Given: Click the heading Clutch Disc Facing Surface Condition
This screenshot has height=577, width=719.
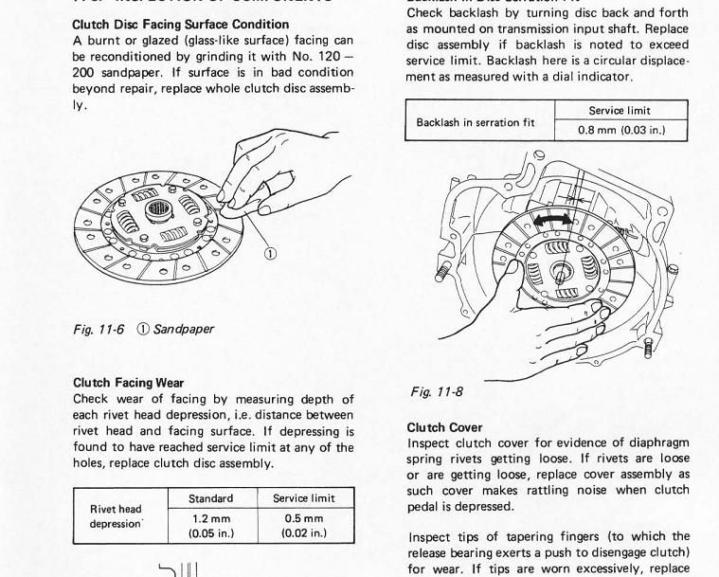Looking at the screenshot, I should (181, 24).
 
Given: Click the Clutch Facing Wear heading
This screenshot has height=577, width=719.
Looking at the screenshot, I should (128, 383).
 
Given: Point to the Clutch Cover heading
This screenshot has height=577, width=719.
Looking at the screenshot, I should (444, 427).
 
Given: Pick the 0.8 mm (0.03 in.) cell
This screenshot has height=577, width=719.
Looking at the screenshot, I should (620, 130).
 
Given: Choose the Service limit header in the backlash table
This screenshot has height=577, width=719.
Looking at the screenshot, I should (620, 110).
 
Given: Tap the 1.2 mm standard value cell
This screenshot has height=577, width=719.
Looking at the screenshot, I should (212, 525).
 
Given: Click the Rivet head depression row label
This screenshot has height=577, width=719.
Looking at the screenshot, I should (116, 516).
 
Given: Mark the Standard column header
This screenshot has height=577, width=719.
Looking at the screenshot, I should (212, 498).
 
